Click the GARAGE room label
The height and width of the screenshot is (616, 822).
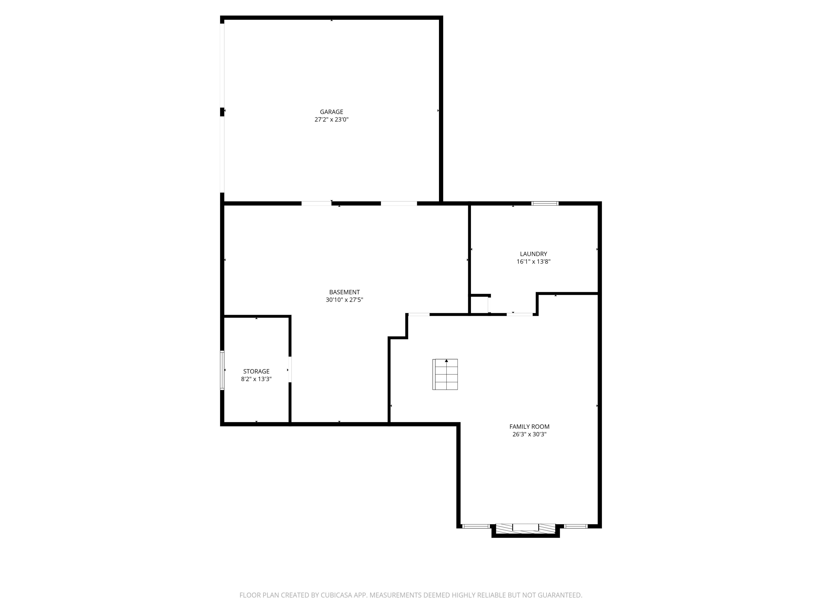(332, 112)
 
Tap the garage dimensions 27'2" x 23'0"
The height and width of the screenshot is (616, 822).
(332, 120)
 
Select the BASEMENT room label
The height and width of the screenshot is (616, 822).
(344, 292)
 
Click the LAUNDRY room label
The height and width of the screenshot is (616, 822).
(533, 254)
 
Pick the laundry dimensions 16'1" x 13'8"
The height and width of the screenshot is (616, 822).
(533, 261)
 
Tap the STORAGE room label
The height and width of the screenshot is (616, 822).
(256, 371)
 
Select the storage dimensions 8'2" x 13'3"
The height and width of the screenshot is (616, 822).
(256, 379)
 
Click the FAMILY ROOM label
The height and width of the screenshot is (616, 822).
(529, 427)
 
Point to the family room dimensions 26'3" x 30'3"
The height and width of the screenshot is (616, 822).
(529, 434)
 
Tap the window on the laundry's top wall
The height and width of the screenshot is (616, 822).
(545, 203)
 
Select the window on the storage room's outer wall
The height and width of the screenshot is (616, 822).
(222, 370)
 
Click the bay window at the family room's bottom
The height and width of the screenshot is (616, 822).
(526, 530)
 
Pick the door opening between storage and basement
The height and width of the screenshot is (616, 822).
(290, 369)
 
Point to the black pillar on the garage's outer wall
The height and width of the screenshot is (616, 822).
(222, 112)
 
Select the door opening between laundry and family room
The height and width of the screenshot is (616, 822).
(520, 315)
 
